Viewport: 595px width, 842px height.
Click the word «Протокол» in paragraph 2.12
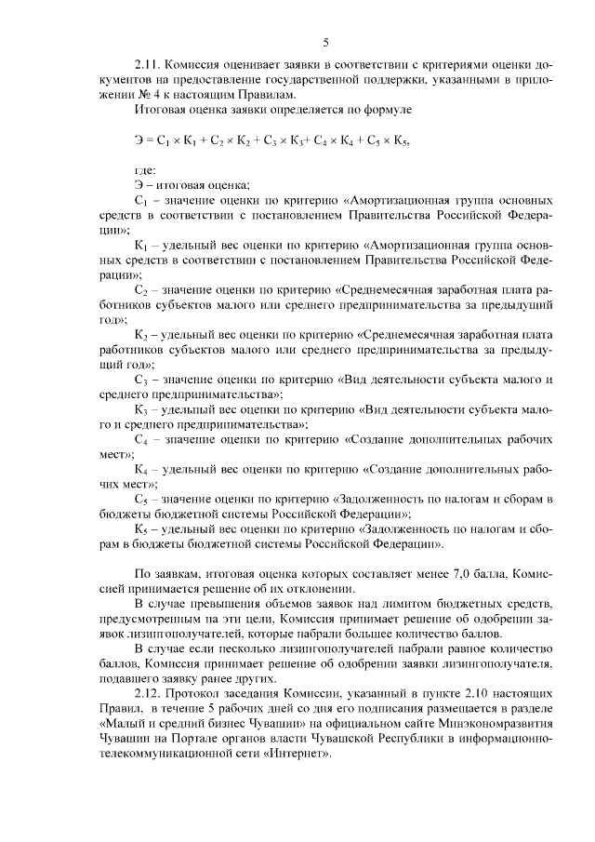coord(198,694)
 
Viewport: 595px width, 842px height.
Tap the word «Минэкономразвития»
coord(495,724)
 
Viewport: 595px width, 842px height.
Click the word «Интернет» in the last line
coord(297,754)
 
